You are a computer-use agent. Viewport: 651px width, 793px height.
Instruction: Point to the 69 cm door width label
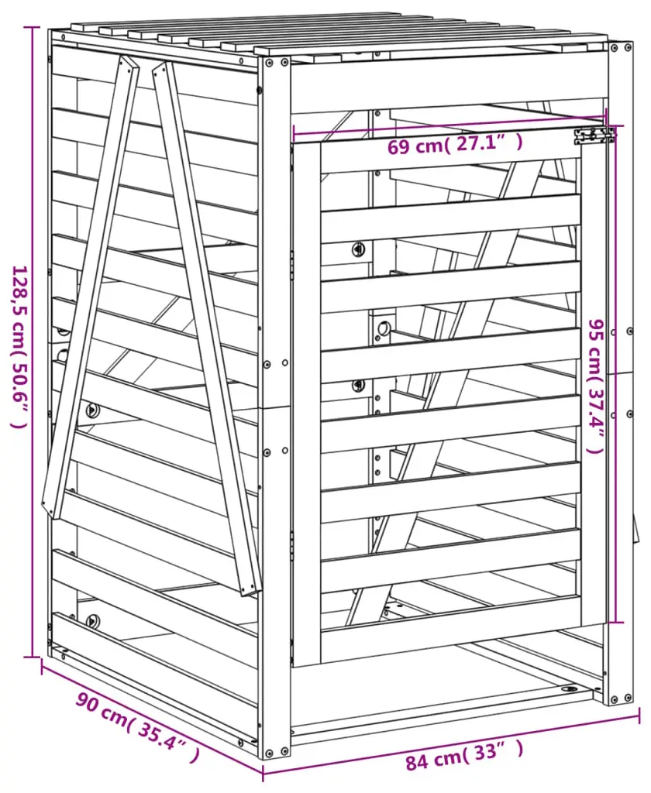455,145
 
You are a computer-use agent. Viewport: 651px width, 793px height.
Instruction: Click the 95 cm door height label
598,386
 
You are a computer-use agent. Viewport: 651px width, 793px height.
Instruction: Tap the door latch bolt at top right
594,136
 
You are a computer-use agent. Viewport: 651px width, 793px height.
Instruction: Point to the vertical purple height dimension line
33,342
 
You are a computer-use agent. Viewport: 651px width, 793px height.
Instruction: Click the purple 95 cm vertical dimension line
615,374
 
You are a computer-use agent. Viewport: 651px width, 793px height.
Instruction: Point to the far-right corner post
620,373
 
